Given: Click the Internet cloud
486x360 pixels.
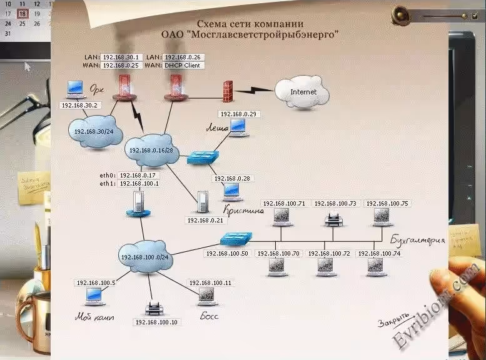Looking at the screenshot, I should click(303, 92).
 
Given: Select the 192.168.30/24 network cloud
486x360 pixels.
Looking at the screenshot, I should click(93, 132).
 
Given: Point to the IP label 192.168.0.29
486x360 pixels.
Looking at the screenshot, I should click(239, 114).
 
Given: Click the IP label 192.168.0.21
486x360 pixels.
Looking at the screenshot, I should click(205, 220).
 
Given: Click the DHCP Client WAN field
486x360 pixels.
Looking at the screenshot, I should click(183, 65).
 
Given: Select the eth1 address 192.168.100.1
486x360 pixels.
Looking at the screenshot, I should click(139, 184).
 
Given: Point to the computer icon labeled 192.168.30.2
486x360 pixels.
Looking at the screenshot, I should click(76, 89).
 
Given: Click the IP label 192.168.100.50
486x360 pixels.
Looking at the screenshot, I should click(227, 253).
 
